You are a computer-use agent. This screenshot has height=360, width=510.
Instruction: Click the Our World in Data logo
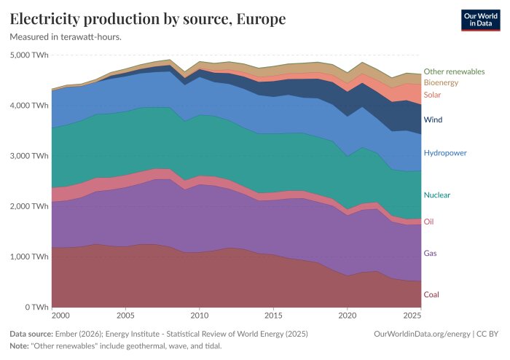(x=480, y=20)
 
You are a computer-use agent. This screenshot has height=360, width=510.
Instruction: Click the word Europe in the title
(x=261, y=18)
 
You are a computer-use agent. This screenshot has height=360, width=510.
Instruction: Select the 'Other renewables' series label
(x=454, y=71)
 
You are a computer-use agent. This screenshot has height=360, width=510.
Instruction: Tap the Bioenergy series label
(x=441, y=82)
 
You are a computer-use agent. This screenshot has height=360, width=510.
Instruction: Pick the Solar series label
(x=432, y=95)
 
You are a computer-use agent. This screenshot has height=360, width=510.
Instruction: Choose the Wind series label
(x=433, y=120)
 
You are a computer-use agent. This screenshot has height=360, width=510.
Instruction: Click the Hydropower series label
(x=445, y=153)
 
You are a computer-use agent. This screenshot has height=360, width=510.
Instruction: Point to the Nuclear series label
(x=437, y=195)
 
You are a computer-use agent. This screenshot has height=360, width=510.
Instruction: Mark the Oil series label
(x=428, y=222)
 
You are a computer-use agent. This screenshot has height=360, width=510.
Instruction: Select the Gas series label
(x=430, y=253)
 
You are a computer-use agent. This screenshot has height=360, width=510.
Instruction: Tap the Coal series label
(x=431, y=294)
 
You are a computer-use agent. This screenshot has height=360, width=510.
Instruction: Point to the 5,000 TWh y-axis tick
(x=29, y=55)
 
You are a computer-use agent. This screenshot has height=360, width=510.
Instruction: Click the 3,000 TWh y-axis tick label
(x=29, y=156)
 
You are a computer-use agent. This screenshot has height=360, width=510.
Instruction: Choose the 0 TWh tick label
(x=36, y=307)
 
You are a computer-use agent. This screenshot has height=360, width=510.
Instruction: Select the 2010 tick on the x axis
(x=200, y=316)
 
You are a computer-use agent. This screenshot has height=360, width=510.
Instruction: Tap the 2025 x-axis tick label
(x=412, y=316)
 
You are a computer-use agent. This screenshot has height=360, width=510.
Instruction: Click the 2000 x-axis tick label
(x=60, y=316)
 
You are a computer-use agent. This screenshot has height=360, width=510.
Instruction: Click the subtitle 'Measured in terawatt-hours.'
(x=66, y=37)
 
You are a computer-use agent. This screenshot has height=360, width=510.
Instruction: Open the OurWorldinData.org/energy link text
(x=422, y=334)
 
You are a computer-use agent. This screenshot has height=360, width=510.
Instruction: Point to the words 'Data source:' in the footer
(x=31, y=334)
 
